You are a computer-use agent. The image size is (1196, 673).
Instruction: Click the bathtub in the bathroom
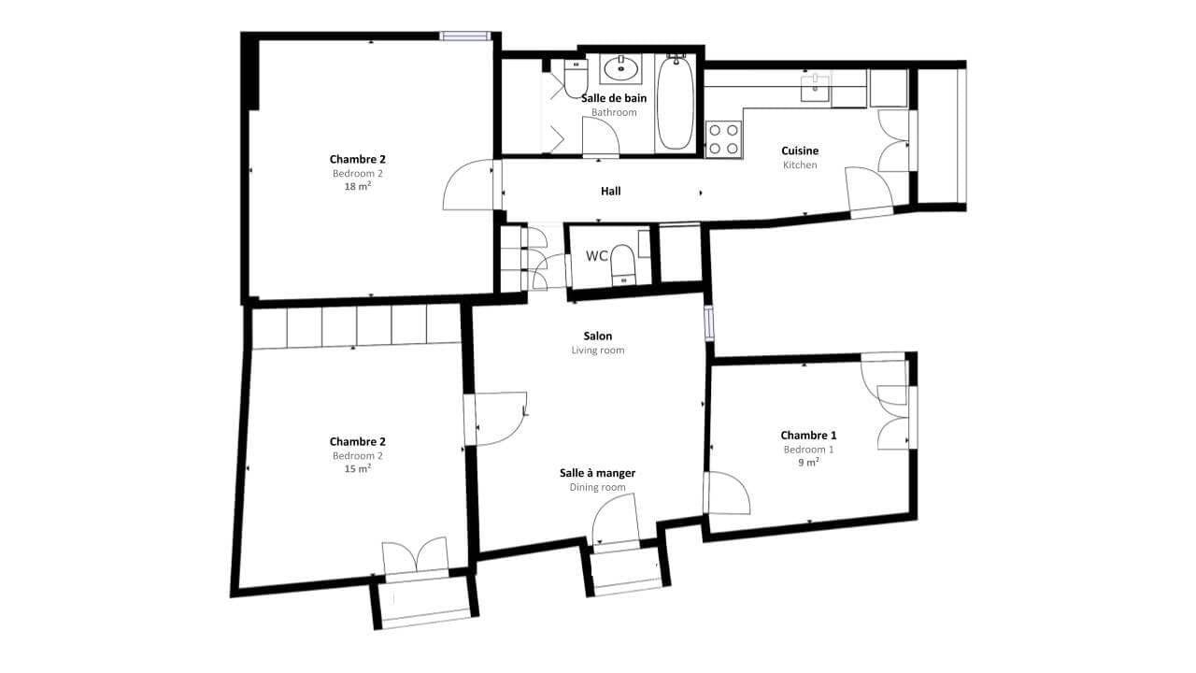pyautogui.click(x=675, y=103)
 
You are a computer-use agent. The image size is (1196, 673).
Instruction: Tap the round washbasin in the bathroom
pyautogui.click(x=620, y=68)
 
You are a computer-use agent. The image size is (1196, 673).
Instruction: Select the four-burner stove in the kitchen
pyautogui.click(x=723, y=139)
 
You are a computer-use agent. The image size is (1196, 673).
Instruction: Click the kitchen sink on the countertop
pyautogui.click(x=816, y=88)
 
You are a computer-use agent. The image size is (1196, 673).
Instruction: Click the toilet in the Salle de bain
pyautogui.click(x=576, y=78)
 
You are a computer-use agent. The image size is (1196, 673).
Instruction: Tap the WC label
pyautogui.click(x=597, y=256)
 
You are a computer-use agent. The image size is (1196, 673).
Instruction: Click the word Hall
pyautogui.click(x=611, y=191)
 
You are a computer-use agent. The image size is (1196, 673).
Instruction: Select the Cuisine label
pyautogui.click(x=800, y=150)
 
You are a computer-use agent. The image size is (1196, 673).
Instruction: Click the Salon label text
pyautogui.click(x=597, y=336)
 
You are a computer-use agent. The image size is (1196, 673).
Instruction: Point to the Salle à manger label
pyautogui.click(x=597, y=473)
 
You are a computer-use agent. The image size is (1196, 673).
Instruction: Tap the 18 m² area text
pyautogui.click(x=358, y=186)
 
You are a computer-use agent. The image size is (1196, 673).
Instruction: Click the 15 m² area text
pyautogui.click(x=358, y=468)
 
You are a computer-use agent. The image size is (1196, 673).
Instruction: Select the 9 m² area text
pyautogui.click(x=809, y=462)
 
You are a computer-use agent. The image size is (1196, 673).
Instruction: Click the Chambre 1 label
pyautogui.click(x=808, y=435)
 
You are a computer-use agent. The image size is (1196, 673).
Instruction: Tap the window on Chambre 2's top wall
pyautogui.click(x=465, y=36)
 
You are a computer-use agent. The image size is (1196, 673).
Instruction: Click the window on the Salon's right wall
pyautogui.click(x=709, y=323)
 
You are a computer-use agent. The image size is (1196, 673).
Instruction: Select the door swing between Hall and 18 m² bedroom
pyautogui.click(x=468, y=185)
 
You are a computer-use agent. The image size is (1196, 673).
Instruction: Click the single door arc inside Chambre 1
pyautogui.click(x=728, y=493)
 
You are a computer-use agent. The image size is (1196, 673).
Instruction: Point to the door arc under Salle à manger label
pyautogui.click(x=614, y=519)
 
